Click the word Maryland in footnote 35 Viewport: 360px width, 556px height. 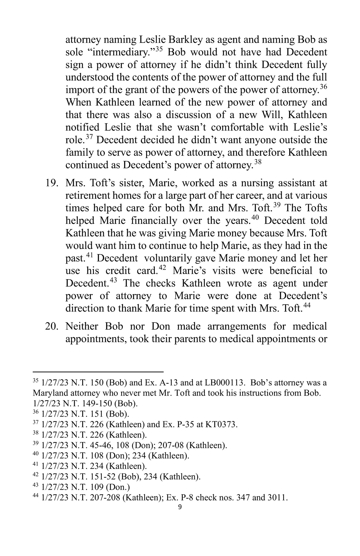pos(49,393)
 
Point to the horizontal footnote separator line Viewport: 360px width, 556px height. pos(98,372)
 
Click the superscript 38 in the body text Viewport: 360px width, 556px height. pos(257,162)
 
